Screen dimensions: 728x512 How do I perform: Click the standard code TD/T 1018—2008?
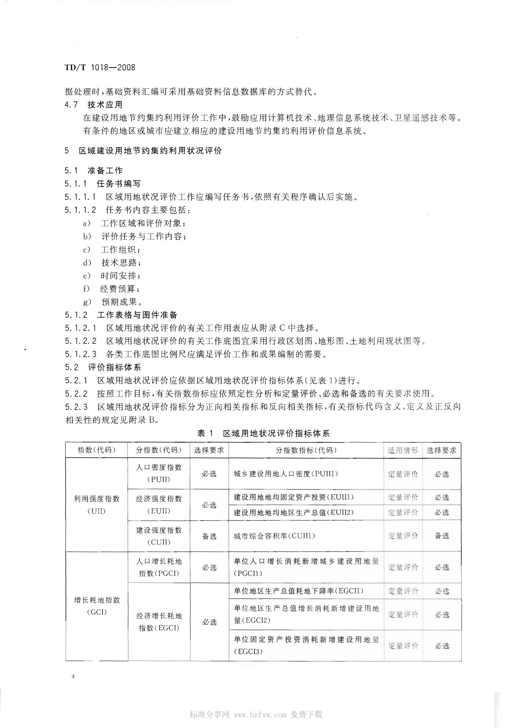coord(100,67)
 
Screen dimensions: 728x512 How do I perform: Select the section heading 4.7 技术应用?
coord(94,105)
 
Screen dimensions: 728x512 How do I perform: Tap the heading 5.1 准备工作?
coord(94,171)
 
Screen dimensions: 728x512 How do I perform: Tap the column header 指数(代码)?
coord(96,450)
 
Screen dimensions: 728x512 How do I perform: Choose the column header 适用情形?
coord(402,450)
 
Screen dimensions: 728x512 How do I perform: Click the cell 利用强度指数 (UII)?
coord(96,504)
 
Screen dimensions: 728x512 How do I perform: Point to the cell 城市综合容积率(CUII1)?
coord(274,536)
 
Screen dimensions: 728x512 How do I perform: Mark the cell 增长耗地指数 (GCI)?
coord(96,606)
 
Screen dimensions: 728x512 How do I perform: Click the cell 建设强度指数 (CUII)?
coord(159,536)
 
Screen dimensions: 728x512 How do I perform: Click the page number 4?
coord(73,677)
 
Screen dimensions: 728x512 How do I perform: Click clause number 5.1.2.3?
coord(81,354)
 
